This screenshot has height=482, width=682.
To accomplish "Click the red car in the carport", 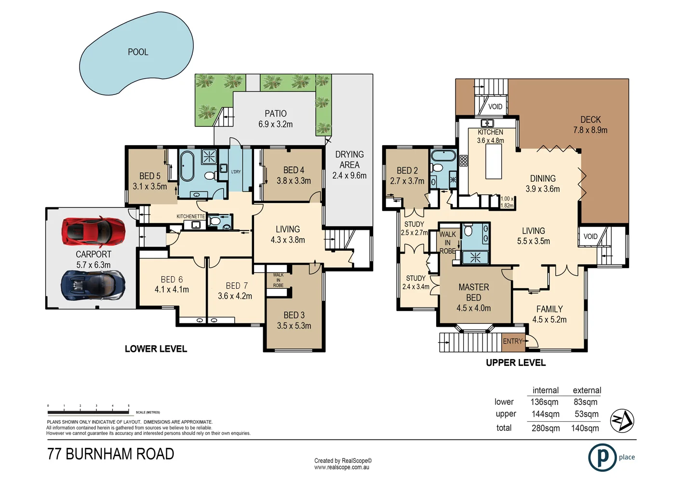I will (94, 232).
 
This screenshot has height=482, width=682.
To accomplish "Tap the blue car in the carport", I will (93, 285).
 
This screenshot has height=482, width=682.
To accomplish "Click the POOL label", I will (138, 52).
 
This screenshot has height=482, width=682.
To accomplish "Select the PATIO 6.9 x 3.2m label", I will (275, 119).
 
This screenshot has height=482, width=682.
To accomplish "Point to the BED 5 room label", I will (150, 181).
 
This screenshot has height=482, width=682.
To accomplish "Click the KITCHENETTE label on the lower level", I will (190, 216).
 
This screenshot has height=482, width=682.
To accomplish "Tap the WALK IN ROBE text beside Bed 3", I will (278, 280).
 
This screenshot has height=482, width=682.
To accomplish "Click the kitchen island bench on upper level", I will (494, 161).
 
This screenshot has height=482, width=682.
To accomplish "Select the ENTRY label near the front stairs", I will (512, 341).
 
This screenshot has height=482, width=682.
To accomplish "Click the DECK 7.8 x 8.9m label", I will (590, 125).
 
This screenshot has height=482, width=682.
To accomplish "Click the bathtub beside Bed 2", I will (443, 156).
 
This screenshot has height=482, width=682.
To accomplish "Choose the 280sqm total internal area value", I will (546, 428).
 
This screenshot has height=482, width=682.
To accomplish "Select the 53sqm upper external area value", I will (586, 414).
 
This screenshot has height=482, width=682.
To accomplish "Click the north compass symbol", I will (622, 421).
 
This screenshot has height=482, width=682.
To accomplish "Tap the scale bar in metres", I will (88, 412).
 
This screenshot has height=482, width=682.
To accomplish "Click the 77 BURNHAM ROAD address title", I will (111, 454).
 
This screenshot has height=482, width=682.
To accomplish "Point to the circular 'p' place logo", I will (602, 457).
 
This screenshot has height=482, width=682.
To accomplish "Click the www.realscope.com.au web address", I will (342, 467).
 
